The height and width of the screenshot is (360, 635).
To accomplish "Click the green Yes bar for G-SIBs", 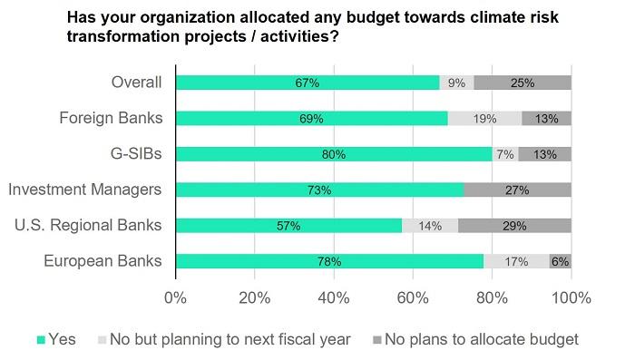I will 334,154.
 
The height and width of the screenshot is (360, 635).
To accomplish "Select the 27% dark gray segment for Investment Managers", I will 517,190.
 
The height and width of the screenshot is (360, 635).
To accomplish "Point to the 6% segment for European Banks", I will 560,261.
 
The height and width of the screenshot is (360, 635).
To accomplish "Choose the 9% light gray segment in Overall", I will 456,83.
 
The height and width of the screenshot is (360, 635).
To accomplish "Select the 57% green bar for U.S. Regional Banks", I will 288,226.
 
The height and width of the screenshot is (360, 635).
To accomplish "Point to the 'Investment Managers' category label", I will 84,190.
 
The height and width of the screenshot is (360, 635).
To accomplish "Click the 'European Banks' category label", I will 103,261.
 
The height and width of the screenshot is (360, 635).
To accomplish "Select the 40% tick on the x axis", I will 334,297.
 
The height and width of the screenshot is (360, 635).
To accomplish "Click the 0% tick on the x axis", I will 175,297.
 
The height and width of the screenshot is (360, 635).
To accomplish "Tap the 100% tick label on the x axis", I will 570,297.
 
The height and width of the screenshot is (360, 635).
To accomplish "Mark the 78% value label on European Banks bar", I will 329,261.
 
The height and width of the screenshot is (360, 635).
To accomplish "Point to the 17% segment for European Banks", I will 516,261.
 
